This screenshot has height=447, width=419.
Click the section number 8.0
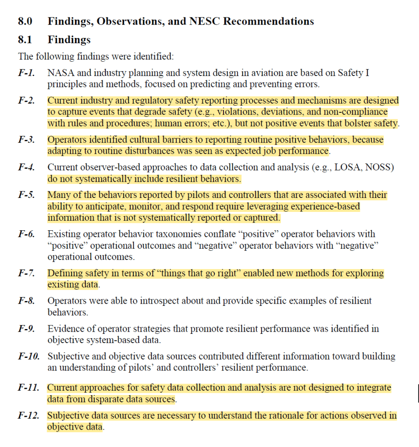[x=24, y=21]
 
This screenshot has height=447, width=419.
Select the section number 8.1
[x=24, y=40]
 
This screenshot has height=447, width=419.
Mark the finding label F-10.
[x=28, y=356]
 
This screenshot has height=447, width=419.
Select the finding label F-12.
[x=28, y=416]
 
